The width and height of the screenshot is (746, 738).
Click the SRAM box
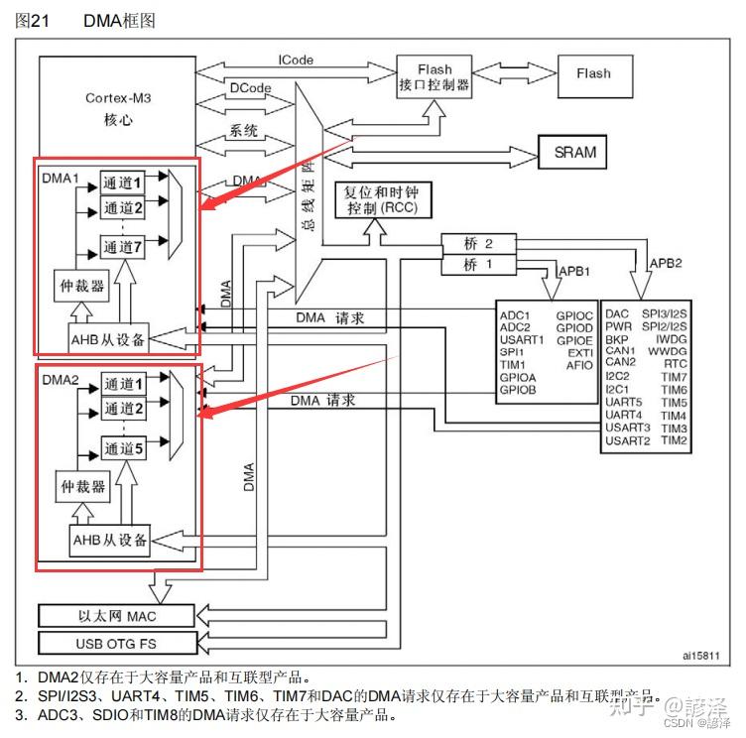[575, 151]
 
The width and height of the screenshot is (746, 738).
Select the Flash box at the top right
[593, 73]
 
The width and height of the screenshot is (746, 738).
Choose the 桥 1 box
[477, 265]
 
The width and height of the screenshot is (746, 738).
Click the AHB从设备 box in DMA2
[110, 540]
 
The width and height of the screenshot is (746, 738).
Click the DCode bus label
[249, 88]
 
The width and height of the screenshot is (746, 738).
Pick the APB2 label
[664, 263]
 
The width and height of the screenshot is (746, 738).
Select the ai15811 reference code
[699, 656]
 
